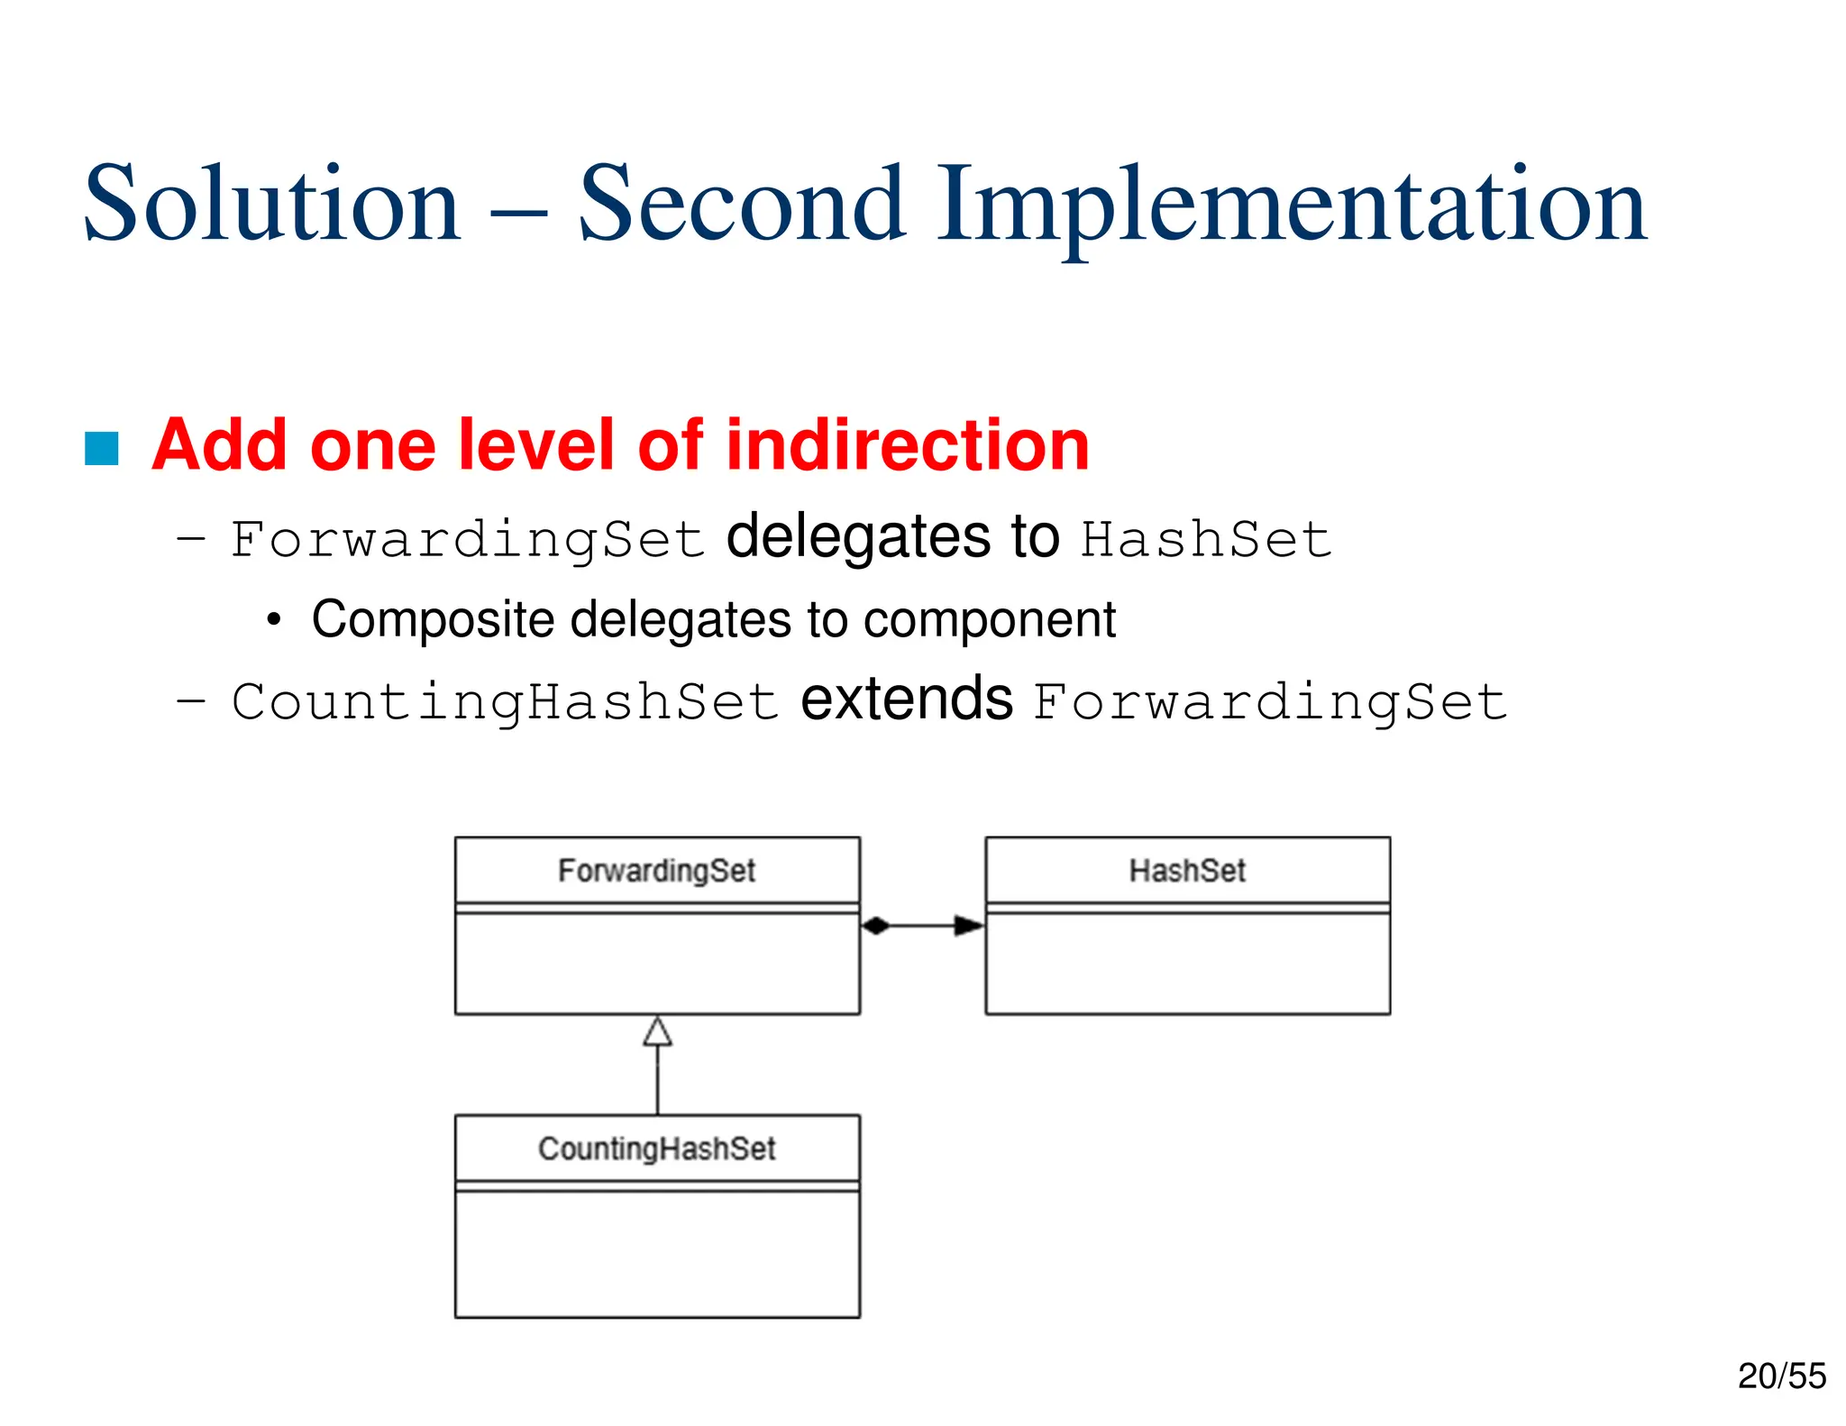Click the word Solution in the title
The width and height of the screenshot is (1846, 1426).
(x=271, y=205)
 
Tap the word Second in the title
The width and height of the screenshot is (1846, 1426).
(x=741, y=205)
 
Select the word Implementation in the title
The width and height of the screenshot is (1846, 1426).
(x=1292, y=205)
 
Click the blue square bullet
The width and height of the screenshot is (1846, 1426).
(x=102, y=449)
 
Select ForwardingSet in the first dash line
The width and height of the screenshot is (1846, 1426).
(x=467, y=540)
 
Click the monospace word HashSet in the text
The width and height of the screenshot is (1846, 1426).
(x=1206, y=540)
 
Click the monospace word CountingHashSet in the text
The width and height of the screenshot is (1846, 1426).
(x=505, y=702)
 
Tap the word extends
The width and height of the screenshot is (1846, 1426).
(x=907, y=700)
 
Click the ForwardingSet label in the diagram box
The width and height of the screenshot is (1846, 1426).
(x=656, y=871)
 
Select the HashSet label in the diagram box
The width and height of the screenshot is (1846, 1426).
(x=1187, y=871)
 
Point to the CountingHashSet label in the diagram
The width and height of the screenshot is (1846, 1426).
(x=656, y=1148)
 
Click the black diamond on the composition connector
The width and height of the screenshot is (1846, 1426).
(x=875, y=926)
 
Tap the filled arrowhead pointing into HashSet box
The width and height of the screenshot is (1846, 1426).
(x=969, y=926)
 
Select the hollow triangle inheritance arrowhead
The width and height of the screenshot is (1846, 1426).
(x=657, y=1032)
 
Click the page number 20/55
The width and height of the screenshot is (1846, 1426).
(x=1781, y=1376)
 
